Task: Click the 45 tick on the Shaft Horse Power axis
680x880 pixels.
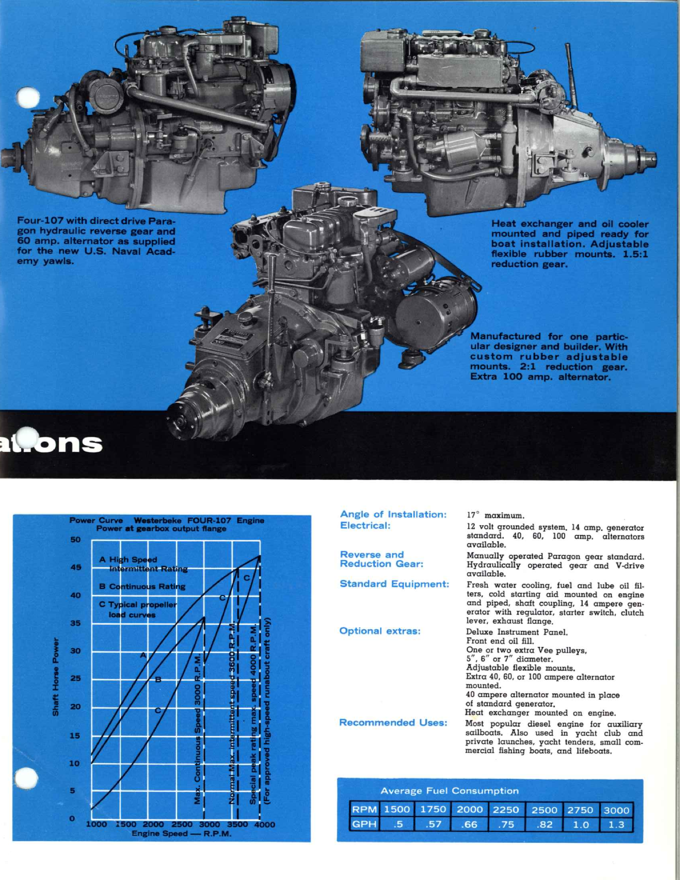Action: [75, 567]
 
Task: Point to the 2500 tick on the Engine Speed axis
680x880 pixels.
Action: [182, 825]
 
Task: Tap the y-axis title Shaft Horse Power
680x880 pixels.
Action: [55, 677]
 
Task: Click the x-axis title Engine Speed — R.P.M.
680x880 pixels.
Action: [181, 834]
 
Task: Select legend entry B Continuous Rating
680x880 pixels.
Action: [142, 586]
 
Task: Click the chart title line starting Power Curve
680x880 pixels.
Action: [167, 521]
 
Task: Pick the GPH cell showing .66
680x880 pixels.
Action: [469, 825]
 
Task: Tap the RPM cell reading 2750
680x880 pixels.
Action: [580, 810]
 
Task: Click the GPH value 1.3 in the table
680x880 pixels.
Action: [617, 825]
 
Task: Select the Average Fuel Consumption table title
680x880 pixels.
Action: [450, 791]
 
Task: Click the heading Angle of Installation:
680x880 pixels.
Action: [393, 514]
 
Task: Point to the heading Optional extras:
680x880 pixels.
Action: [380, 631]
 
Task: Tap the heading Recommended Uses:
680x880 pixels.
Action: [393, 723]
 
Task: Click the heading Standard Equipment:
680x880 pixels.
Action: [394, 584]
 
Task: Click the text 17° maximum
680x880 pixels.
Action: [495, 515]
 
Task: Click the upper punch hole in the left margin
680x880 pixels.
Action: [27, 98]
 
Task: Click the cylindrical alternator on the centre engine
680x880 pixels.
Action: [435, 311]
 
